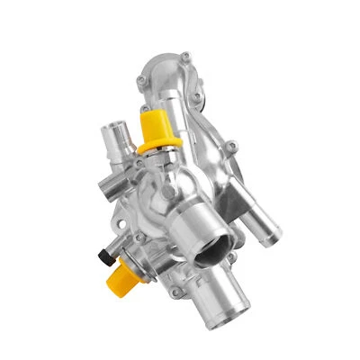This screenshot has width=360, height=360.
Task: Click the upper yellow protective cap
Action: [x=154, y=125]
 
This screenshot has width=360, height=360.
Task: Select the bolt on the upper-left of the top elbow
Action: [x=144, y=82]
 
